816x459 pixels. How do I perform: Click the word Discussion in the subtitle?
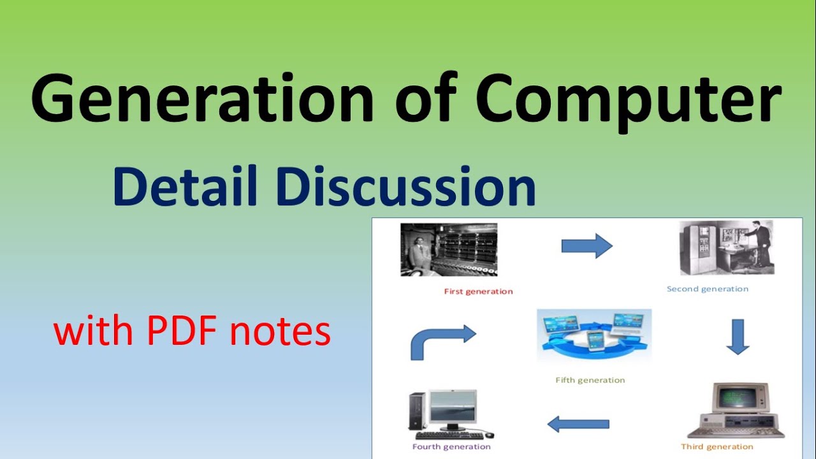406,187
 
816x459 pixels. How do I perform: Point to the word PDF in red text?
184,332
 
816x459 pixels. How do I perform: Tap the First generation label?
478,291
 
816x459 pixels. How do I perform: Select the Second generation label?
708,289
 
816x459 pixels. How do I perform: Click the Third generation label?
717,446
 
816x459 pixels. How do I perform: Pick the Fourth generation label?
451,446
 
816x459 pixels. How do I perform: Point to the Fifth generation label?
590,380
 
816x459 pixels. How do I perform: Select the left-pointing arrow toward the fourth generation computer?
578,424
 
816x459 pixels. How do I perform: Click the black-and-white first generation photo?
449,249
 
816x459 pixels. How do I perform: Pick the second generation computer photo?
727,247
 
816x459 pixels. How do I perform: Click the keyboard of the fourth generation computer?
449,435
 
